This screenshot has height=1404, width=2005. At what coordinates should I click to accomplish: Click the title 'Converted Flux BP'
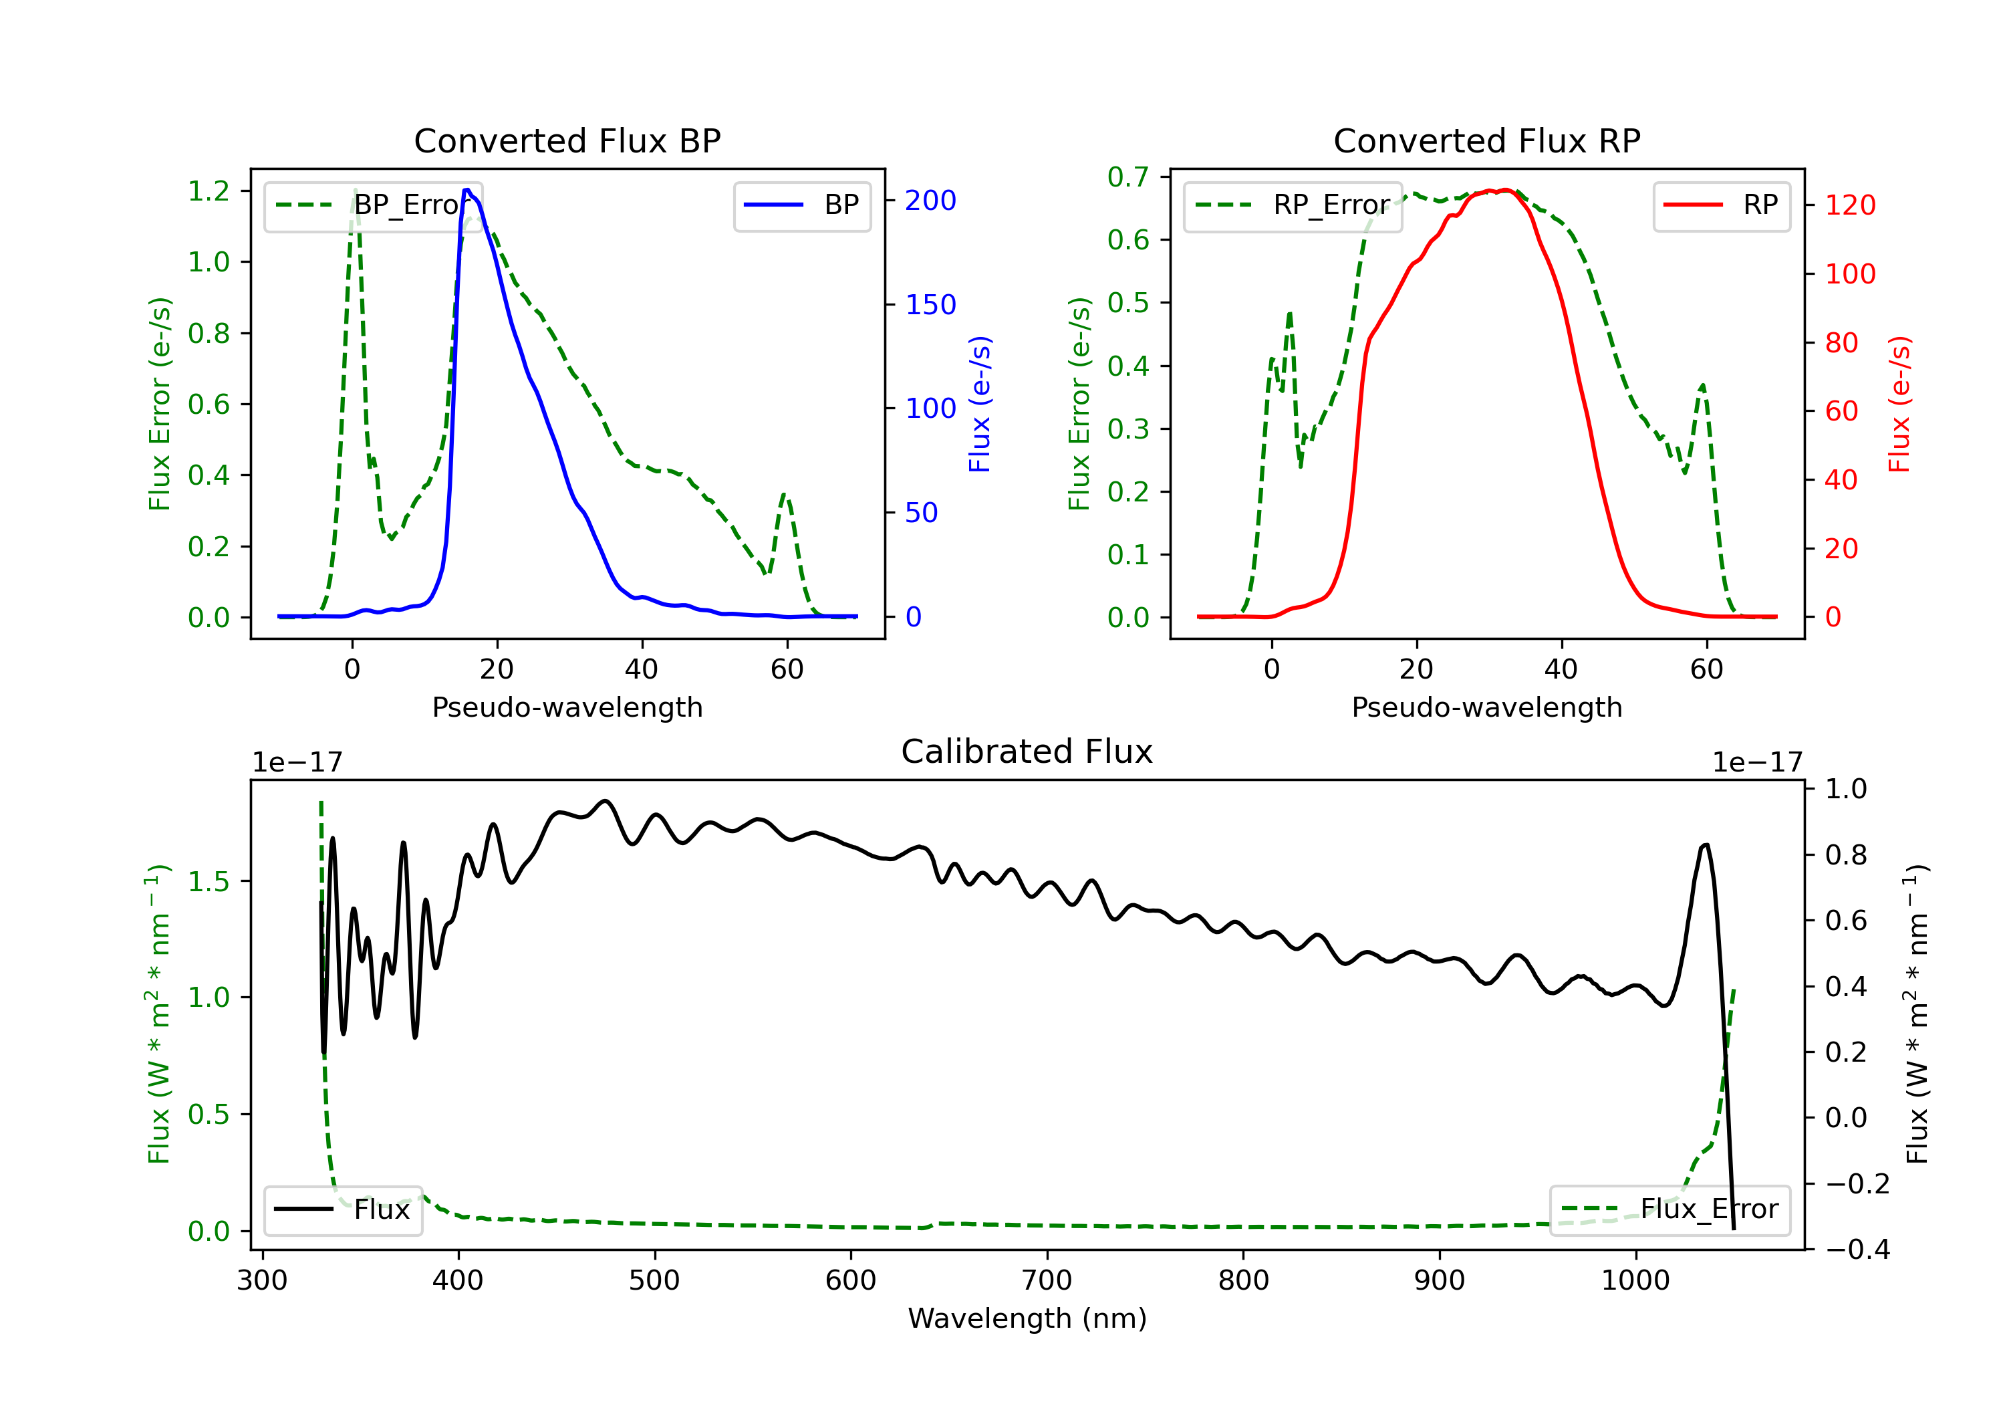coord(567,140)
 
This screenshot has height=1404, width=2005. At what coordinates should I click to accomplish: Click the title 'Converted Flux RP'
coord(1486,140)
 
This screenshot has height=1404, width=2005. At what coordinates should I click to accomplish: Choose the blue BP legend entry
coord(801,205)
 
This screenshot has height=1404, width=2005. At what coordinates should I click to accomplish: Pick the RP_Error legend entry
coord(1293,205)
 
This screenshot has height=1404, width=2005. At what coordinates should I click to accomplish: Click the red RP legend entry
coord(1721,205)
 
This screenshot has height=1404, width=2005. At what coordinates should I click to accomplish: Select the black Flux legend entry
coord(342,1209)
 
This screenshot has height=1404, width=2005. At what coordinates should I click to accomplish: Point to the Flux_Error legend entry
coord(1669,1209)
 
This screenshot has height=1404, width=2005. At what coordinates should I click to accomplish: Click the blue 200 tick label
coord(930,201)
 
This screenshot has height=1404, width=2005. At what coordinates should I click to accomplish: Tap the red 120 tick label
coord(1849,205)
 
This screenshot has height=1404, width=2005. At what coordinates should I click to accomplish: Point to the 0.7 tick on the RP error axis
coord(1128,177)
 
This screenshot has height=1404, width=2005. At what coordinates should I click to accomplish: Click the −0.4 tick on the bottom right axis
coord(1857,1250)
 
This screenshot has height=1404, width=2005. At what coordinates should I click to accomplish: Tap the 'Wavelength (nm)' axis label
coord(1027,1318)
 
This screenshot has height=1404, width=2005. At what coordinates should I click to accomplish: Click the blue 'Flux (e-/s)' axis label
coord(980,404)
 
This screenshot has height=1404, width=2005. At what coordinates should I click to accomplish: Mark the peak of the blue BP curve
coord(468,190)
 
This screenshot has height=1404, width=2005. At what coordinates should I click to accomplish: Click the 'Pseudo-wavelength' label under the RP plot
coord(1486,707)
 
